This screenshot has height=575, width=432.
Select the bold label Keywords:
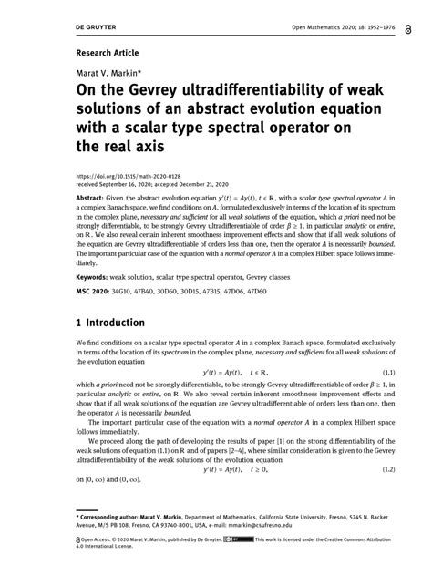tap(91, 275)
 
